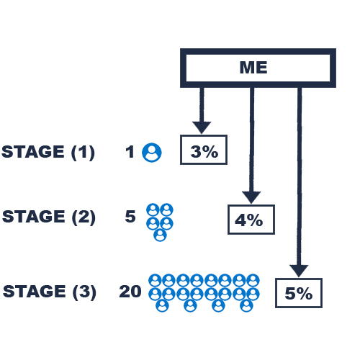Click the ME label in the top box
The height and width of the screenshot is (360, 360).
click(253, 68)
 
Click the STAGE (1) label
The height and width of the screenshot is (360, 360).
click(48, 152)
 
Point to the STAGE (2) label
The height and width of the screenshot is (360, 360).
click(49, 217)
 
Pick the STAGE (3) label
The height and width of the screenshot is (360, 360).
click(50, 292)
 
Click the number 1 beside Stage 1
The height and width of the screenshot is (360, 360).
click(130, 152)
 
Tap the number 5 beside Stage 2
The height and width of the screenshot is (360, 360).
click(130, 217)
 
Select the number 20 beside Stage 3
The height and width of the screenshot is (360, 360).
click(130, 292)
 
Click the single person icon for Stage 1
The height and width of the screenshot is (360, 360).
click(152, 153)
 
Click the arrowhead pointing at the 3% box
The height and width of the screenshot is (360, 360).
click(202, 127)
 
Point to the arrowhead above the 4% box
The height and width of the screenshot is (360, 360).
click(251, 197)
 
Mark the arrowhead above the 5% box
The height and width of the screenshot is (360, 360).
click(299, 271)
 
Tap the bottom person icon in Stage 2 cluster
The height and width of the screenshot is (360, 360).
click(160, 235)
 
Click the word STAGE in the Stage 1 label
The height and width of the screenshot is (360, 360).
click(33, 152)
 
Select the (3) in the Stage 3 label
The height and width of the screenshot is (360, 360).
click(84, 292)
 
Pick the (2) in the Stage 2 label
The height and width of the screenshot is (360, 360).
click(84, 217)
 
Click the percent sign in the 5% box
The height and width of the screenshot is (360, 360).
click(305, 293)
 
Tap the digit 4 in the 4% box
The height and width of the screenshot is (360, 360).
click(241, 220)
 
